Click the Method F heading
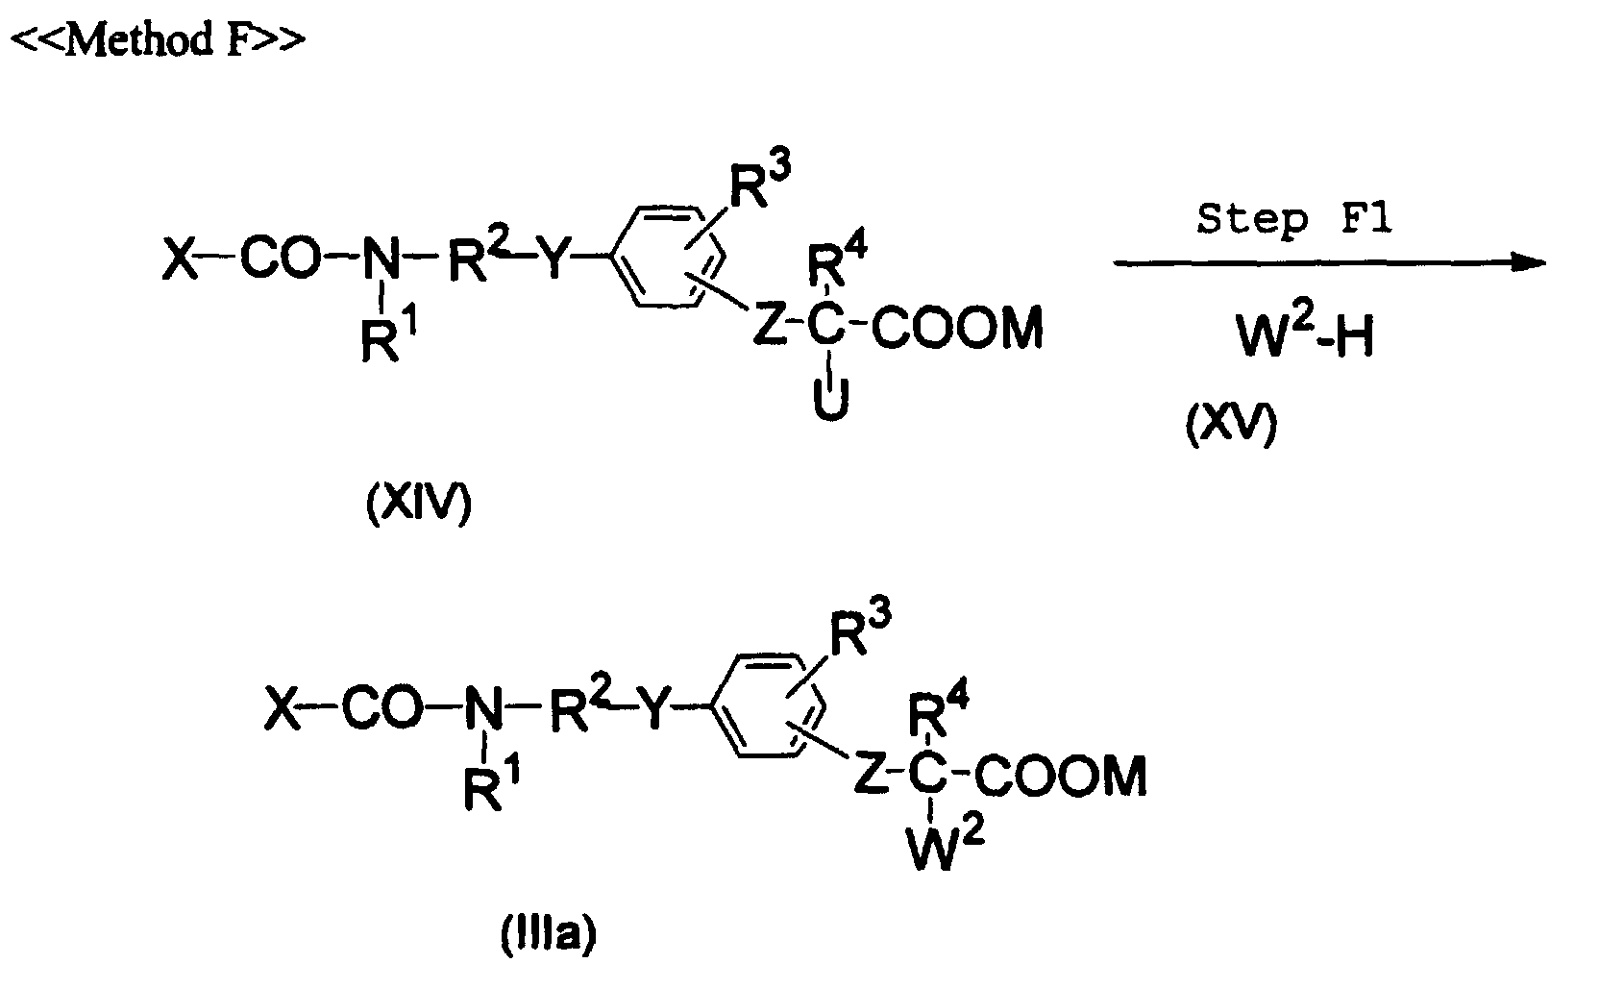[159, 38]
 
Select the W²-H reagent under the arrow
[1306, 334]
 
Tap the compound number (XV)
[1231, 426]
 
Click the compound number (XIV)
[419, 504]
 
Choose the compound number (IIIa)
[549, 935]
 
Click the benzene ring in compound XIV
[668, 258]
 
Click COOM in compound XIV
[957, 328]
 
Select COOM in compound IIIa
[1060, 776]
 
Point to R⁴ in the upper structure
[837, 259]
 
